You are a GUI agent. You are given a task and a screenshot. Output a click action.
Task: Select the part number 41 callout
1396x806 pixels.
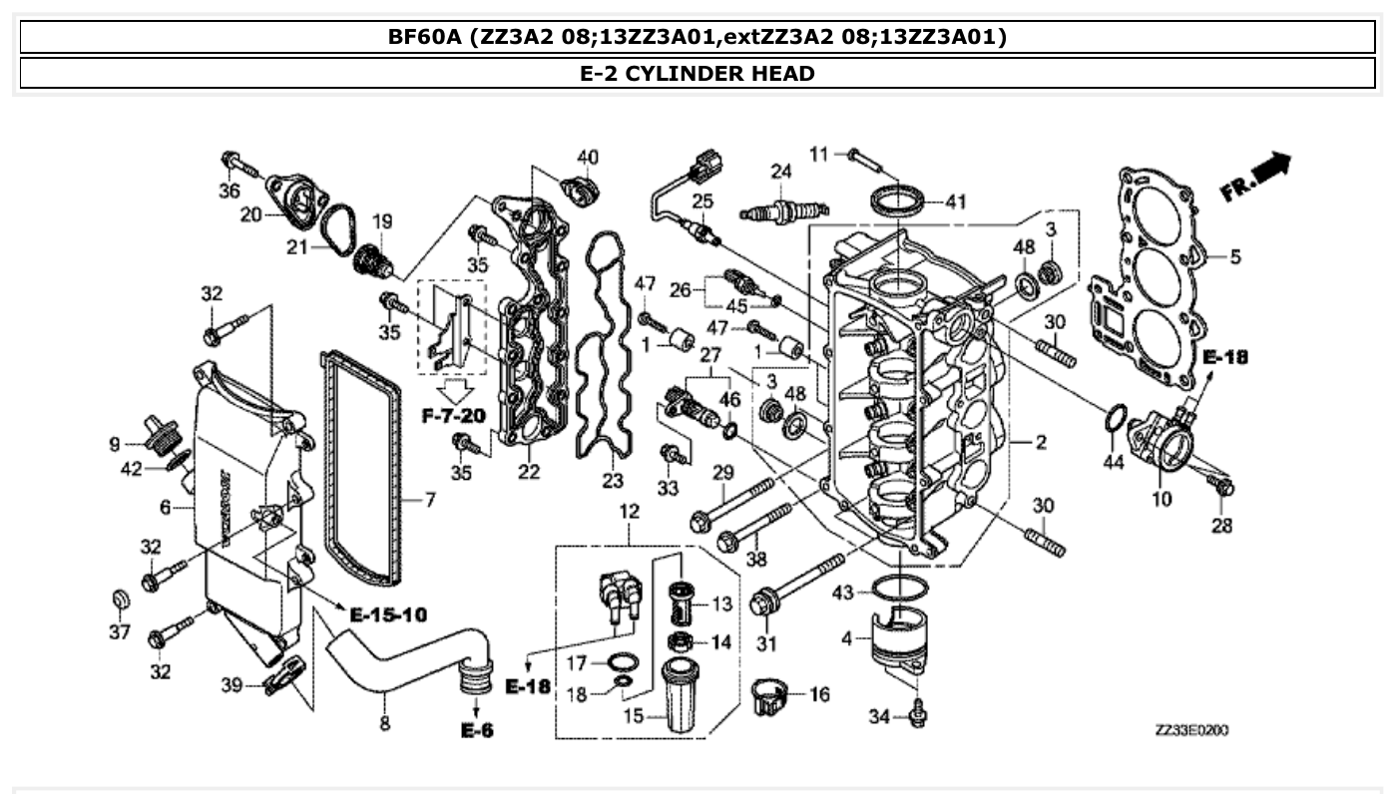click(956, 202)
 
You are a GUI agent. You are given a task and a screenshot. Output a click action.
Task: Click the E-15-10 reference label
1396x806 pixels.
click(389, 614)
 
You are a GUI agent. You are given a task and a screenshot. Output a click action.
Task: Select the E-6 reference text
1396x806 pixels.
click(477, 730)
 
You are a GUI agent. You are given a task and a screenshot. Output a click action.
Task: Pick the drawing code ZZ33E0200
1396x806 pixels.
click(1191, 730)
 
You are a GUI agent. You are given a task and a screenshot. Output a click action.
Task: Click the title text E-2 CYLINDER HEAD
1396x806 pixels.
click(697, 73)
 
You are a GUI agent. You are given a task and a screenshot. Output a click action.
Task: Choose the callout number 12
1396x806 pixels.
click(629, 511)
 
